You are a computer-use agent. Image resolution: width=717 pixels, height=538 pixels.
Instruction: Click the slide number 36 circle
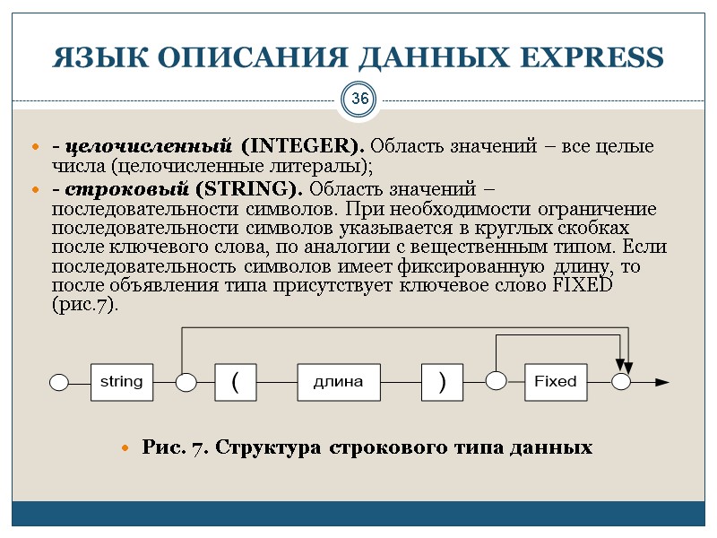[x=358, y=99]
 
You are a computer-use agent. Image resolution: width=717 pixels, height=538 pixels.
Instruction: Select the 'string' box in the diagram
[x=121, y=382]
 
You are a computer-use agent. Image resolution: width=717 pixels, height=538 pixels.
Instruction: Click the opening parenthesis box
[x=235, y=382]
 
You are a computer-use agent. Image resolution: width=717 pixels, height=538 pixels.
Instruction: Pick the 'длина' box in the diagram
[x=338, y=382]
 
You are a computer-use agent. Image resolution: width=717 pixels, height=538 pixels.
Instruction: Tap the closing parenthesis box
[x=442, y=382]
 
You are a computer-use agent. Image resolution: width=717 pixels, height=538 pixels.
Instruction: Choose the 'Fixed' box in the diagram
[x=556, y=382]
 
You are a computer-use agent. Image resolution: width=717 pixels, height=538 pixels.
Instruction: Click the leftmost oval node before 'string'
[x=59, y=383]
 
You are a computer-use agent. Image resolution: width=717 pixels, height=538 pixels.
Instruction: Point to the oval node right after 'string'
[x=186, y=383]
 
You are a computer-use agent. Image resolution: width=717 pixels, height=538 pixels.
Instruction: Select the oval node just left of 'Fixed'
[x=497, y=380]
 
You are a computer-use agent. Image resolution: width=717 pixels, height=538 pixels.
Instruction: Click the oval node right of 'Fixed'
[x=622, y=382]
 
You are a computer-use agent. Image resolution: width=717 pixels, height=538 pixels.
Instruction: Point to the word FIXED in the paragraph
[x=582, y=285]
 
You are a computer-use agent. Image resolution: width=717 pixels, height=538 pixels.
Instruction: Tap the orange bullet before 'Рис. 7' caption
[x=126, y=447]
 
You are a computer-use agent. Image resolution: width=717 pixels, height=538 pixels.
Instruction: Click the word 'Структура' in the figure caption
[x=272, y=447]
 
